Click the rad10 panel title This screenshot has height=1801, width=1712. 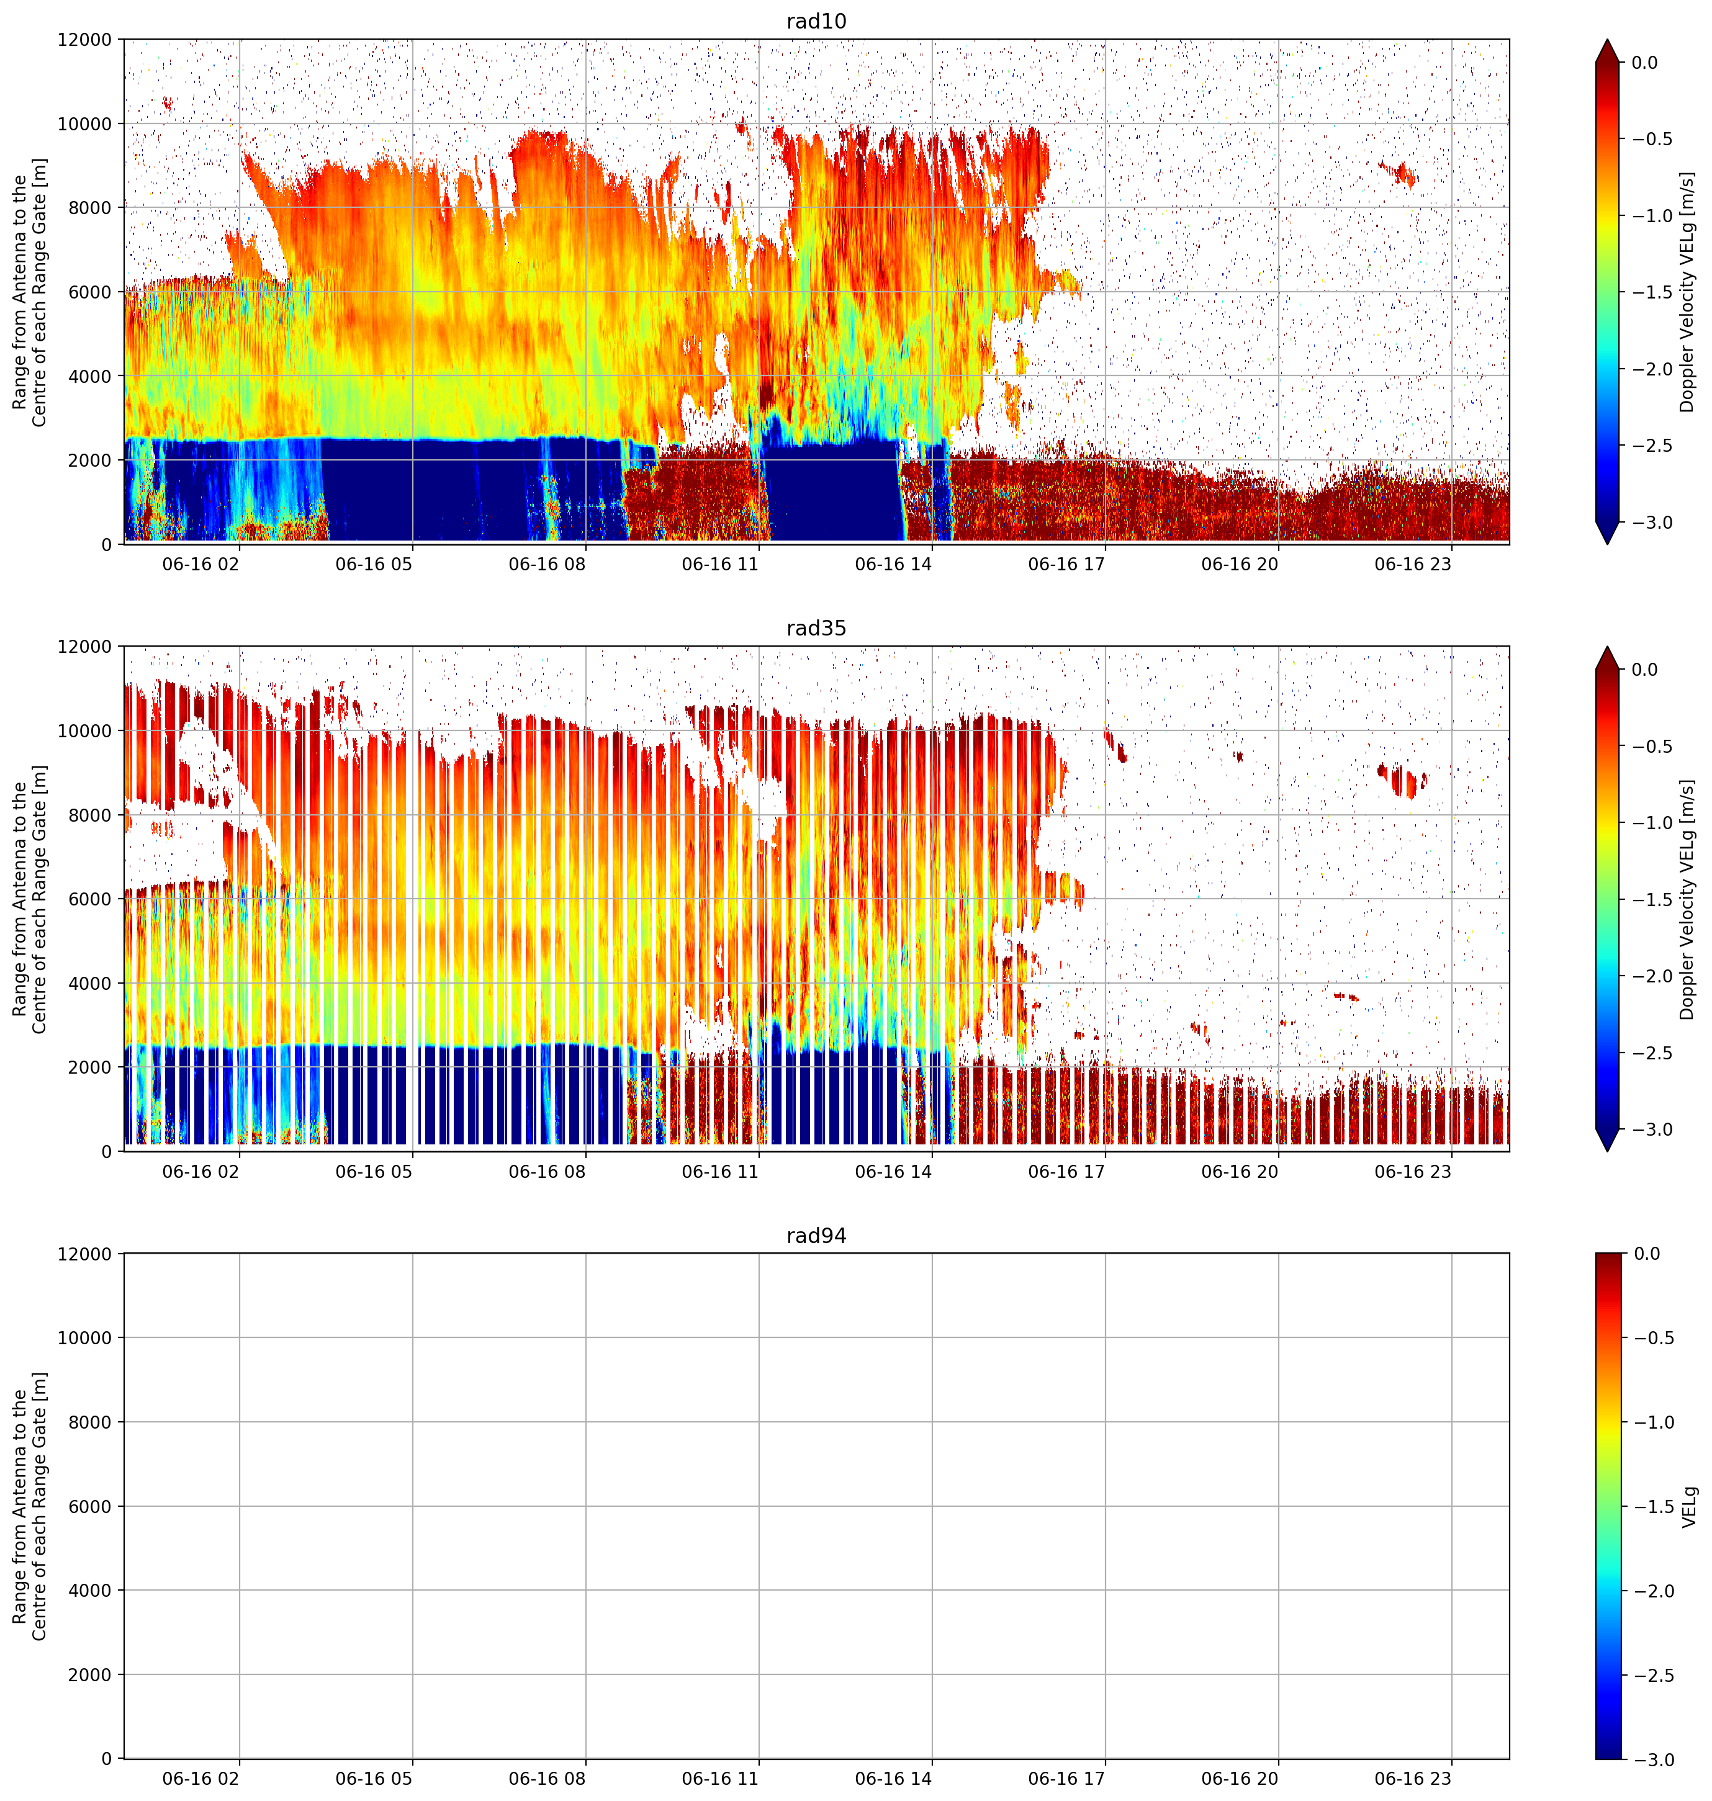coord(816,21)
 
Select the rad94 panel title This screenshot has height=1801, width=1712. coord(816,1236)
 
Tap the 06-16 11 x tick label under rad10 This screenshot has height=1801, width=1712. coord(720,564)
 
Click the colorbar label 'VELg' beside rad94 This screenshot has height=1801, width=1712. coord(1689,1506)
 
